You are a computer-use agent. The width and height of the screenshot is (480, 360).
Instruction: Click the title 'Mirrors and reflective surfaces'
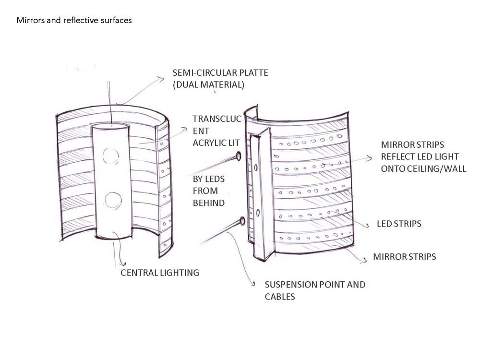click(74, 21)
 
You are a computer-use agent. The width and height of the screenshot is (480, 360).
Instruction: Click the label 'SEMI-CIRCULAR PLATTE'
click(220, 73)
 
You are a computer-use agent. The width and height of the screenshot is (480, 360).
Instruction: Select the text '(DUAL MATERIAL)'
click(208, 85)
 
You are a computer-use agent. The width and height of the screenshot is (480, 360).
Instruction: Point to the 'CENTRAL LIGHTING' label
click(160, 273)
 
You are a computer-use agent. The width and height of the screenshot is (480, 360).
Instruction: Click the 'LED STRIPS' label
click(399, 224)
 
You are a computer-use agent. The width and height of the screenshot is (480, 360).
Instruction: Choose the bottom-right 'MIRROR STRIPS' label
click(404, 257)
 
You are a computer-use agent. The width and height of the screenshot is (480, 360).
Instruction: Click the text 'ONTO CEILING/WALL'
click(423, 168)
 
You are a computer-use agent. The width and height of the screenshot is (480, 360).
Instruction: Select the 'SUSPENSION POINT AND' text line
click(315, 284)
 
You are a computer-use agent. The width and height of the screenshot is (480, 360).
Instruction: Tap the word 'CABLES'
click(280, 296)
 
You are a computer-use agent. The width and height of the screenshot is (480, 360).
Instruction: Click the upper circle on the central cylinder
click(110, 156)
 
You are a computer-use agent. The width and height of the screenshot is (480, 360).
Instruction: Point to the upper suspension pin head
click(238, 156)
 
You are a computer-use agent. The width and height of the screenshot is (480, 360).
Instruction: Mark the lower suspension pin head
click(241, 221)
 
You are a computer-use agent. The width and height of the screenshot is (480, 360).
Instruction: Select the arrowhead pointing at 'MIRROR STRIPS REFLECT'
click(370, 157)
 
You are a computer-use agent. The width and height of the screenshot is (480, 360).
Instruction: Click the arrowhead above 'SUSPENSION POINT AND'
click(253, 285)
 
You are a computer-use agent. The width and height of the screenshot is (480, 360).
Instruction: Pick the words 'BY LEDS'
click(209, 179)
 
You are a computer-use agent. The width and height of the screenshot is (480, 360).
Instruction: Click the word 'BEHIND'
click(208, 203)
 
